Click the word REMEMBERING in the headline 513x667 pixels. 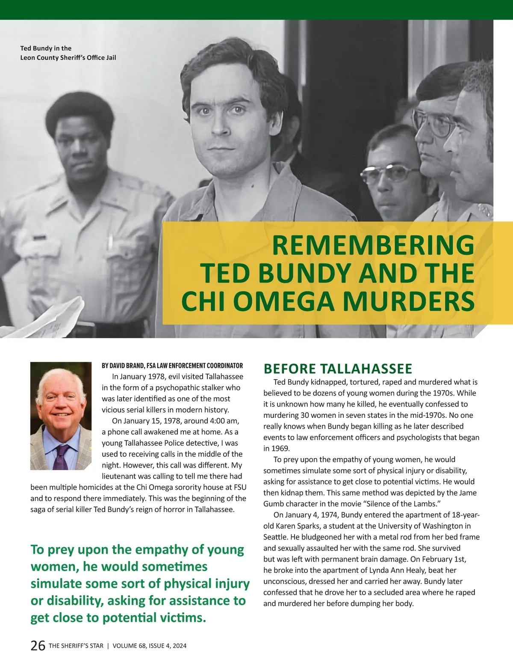373,245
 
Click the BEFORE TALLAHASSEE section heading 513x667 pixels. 338,369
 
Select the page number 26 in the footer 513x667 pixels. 38,646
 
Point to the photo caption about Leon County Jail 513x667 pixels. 68,53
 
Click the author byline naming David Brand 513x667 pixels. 172,366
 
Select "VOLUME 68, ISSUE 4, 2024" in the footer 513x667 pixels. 150,646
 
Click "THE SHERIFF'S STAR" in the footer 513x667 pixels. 76,646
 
